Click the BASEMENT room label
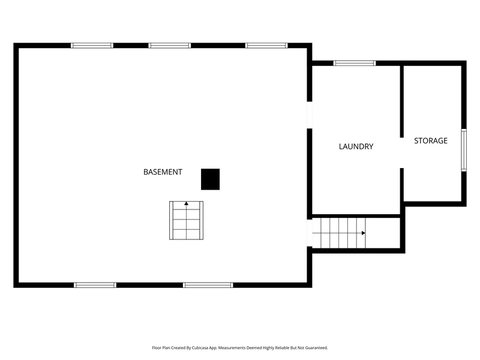163,172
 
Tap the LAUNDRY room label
356,146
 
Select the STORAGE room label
431,141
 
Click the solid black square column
211,179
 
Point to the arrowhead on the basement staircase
186,203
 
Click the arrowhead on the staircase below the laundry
364,233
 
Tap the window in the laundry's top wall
355,64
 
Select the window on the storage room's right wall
464,150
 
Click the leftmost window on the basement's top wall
92,46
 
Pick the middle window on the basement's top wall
170,46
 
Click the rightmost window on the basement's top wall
266,46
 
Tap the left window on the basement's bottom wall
95,285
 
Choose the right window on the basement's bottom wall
208,285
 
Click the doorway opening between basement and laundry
310,115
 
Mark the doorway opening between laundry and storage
402,153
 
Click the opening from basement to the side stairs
310,233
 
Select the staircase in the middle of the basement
186,220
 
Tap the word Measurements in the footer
232,348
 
